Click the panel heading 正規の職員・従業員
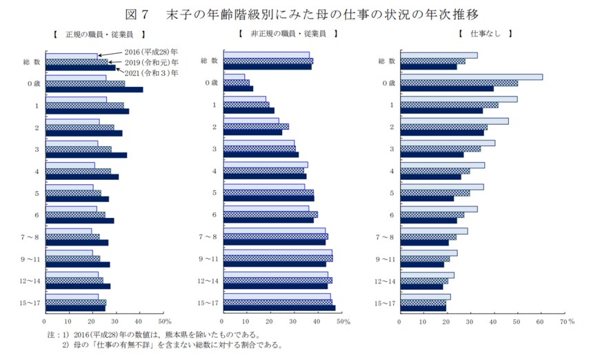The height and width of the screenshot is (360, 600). point(97,33)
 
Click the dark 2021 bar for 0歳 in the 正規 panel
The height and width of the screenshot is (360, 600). point(94,90)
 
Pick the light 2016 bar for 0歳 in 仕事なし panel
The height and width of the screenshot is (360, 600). point(471,77)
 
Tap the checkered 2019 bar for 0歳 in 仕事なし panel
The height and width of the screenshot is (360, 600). point(459,83)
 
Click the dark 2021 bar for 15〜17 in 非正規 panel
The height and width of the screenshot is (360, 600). point(279,308)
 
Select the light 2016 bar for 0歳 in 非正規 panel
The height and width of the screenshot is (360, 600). point(234,77)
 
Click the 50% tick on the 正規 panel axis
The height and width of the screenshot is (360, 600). point(165,321)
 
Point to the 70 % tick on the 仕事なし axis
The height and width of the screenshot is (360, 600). point(567,321)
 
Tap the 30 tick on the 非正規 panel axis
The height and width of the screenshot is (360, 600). point(294,321)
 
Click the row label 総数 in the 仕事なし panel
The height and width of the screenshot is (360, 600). point(386,61)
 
